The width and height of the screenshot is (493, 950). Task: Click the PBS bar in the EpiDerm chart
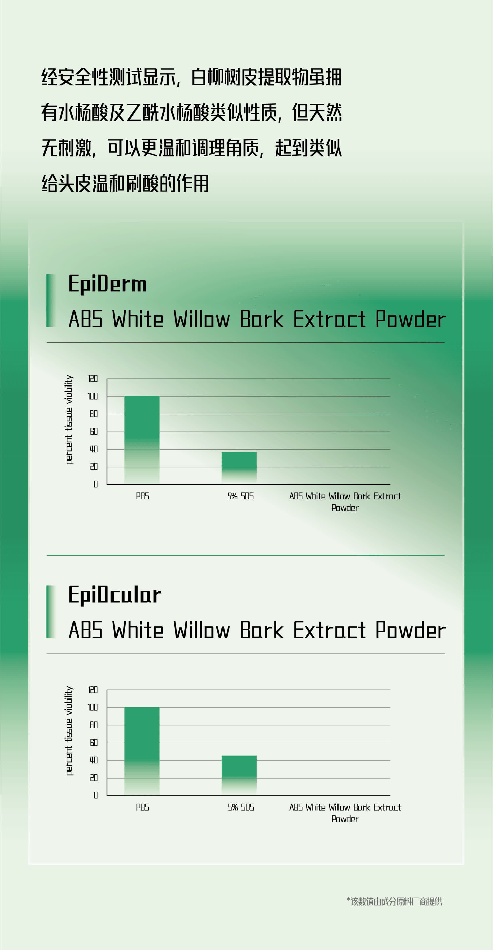click(142, 440)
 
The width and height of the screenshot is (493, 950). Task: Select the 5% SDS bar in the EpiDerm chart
click(239, 468)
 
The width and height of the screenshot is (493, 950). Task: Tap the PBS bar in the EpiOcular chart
click(142, 751)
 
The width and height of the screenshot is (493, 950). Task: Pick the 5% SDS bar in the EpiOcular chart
click(239, 776)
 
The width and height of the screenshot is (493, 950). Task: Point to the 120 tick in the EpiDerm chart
click(93, 378)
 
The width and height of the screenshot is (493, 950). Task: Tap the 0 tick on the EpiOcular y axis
click(96, 795)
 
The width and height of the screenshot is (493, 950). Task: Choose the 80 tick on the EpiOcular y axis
click(94, 725)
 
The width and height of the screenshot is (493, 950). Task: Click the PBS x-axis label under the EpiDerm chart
click(142, 496)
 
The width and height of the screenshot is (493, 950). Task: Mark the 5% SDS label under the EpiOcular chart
click(241, 807)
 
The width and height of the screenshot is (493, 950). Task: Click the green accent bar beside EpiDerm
click(51, 301)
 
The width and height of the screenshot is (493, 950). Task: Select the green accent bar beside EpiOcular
click(51, 611)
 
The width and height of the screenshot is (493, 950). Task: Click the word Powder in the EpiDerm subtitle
click(411, 319)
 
